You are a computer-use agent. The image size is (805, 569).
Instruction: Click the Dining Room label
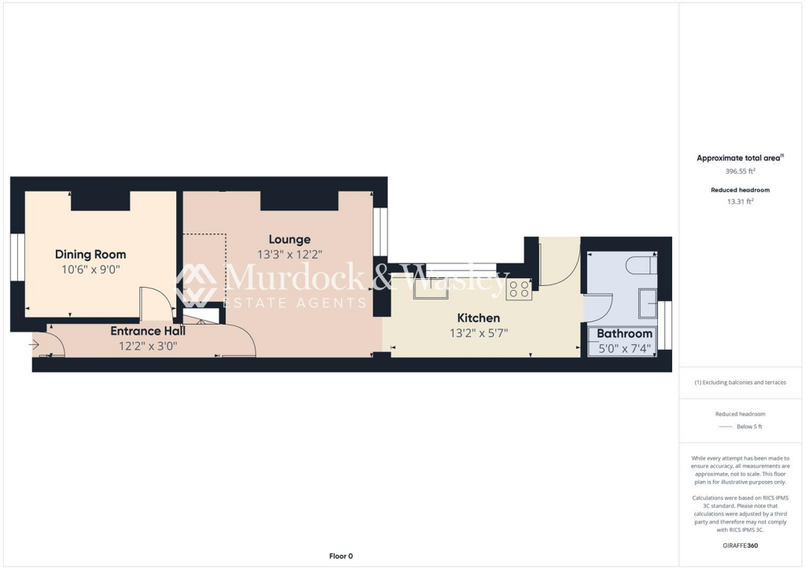(90, 254)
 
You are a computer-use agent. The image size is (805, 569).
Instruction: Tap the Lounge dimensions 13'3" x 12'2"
(289, 255)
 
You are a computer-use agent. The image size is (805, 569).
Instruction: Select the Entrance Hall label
(148, 331)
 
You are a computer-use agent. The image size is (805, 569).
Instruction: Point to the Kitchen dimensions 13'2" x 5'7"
(478, 332)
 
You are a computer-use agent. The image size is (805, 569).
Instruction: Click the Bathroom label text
(624, 333)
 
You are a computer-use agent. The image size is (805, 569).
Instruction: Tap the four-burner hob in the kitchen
(518, 289)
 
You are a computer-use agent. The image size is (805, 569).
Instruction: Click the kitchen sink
(431, 288)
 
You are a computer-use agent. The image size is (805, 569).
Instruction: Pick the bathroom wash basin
(649, 301)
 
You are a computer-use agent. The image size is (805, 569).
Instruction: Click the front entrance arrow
(35, 343)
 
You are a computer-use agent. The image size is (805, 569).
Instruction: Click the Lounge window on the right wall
(381, 232)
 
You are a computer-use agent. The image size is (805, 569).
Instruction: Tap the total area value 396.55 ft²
(740, 170)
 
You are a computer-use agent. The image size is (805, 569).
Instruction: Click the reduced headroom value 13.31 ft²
(740, 201)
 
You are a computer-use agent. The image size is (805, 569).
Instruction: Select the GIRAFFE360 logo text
(741, 545)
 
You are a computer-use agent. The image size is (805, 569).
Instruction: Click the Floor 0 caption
(340, 556)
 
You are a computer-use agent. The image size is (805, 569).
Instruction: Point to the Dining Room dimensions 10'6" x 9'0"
(90, 270)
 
